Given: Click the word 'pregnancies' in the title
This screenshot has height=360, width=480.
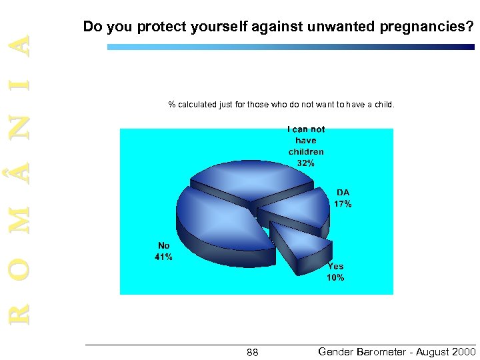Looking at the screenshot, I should [426, 27].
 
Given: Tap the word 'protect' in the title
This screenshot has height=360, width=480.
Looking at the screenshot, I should [155, 27].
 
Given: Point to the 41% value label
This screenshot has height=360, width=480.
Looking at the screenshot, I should [163, 257].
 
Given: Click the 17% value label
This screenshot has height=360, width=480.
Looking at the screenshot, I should [343, 204].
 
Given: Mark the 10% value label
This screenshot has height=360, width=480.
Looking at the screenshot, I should [335, 277].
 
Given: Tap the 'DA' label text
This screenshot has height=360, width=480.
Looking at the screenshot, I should [343, 193].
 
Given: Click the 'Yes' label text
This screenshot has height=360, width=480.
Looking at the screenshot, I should [335, 267].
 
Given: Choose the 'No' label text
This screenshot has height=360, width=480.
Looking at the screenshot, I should [163, 246].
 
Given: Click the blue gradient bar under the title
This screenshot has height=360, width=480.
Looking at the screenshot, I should [291, 47].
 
